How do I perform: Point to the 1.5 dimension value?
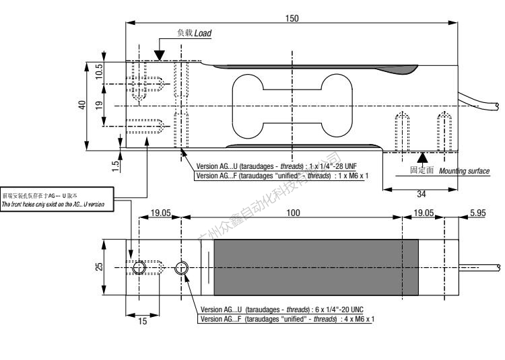(116, 162)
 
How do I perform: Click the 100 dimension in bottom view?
(292, 212)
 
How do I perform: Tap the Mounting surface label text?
(464, 172)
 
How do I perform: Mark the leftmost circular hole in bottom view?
(138, 268)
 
